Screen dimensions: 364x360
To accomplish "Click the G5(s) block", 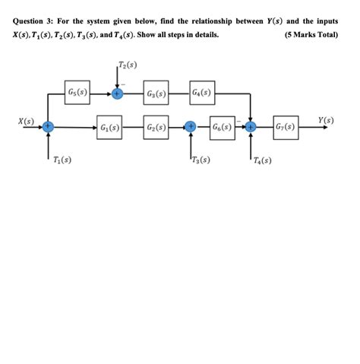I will [x=77, y=93].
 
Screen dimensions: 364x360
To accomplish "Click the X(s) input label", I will [x=27, y=119].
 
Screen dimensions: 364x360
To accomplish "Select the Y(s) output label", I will [x=327, y=119].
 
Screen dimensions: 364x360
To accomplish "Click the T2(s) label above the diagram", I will [x=128, y=65].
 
